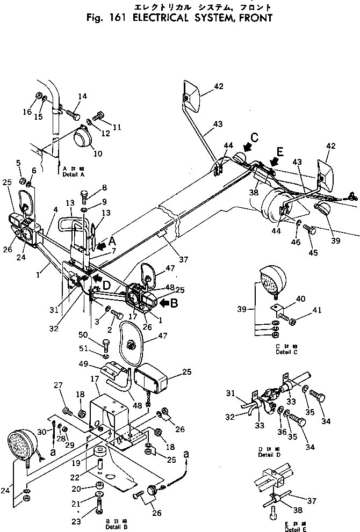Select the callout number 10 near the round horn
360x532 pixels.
[82, 154]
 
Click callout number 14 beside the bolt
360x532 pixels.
[82, 97]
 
